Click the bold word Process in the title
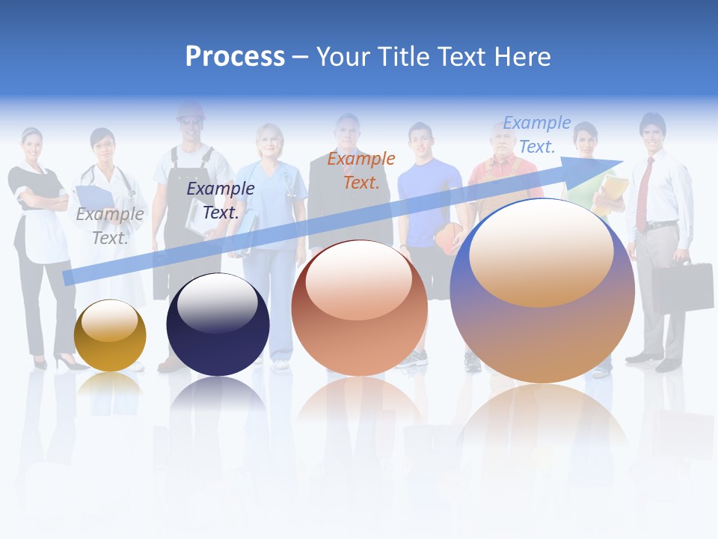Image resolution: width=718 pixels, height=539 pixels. point(235,57)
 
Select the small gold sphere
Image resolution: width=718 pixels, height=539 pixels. point(110,335)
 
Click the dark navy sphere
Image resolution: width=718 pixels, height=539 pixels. point(218,325)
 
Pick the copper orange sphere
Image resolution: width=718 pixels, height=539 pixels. point(359,308)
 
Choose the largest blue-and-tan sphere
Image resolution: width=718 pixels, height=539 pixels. point(542,290)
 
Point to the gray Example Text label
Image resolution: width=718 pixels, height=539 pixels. point(110,225)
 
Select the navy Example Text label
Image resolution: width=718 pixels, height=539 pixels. point(221,200)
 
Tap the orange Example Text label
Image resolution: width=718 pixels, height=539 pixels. point(361,170)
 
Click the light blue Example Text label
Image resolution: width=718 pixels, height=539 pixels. point(537,135)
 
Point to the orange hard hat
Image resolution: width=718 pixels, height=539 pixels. point(191,112)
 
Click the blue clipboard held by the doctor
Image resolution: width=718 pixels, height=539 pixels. point(93,198)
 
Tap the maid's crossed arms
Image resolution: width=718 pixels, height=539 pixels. point(33,198)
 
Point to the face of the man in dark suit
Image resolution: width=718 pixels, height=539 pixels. point(347,132)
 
